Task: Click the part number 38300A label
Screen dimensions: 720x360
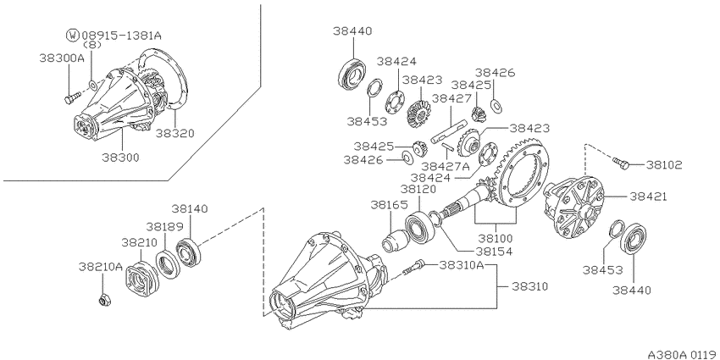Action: pos(63,58)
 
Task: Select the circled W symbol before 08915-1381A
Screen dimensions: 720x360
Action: pos(73,35)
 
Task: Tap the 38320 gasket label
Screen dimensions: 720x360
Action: pos(174,133)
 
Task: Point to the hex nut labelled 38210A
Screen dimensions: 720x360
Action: pos(104,300)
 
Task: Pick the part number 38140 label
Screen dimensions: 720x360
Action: pos(190,208)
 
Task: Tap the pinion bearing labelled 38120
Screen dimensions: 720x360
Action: pos(418,226)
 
